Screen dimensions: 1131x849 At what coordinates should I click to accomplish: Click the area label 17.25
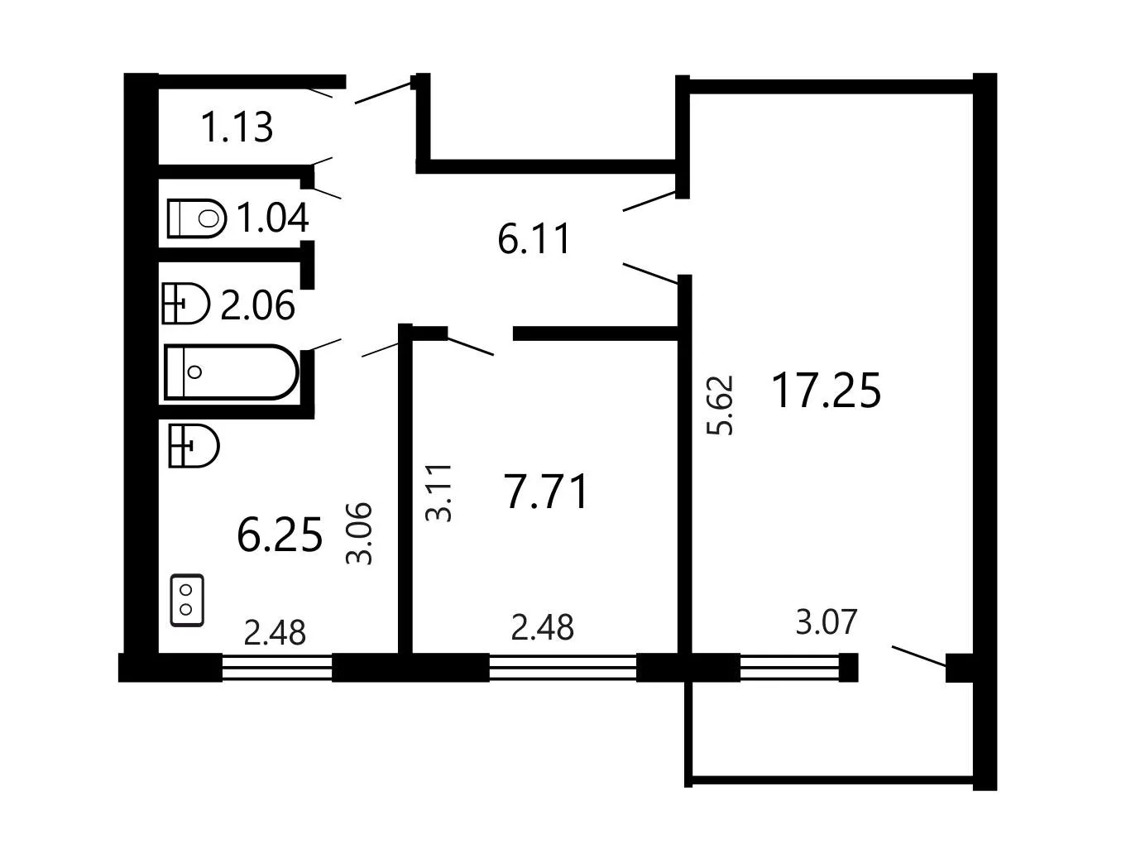point(826,391)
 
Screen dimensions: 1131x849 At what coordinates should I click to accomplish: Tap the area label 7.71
point(546,492)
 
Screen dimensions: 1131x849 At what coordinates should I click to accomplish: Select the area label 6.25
point(280,535)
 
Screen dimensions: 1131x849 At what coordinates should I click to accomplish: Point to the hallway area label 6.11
point(534,238)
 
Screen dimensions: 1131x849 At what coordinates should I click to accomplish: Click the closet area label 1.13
point(237,127)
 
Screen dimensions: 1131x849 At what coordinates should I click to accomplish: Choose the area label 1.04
point(273,218)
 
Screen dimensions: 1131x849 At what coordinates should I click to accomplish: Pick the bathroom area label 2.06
point(257,305)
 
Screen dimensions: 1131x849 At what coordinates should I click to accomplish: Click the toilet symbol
point(197,218)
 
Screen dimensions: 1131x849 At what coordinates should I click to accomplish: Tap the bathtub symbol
point(232,372)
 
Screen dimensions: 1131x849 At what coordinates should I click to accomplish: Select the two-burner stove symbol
point(187,601)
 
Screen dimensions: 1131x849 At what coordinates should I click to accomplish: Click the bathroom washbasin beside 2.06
point(186,304)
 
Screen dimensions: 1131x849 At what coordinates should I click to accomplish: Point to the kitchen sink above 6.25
point(194,446)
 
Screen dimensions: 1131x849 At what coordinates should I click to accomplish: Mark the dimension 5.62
point(720,405)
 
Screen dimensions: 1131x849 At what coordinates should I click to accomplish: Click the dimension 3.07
point(827,621)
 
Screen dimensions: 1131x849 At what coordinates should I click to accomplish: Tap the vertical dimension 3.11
point(439,493)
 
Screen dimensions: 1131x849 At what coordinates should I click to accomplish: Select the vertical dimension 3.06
point(358,533)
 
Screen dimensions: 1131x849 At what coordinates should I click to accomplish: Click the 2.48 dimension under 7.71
point(542,627)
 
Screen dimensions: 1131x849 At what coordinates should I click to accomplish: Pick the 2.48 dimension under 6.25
point(275,633)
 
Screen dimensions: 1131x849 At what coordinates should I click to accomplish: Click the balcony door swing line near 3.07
point(919,656)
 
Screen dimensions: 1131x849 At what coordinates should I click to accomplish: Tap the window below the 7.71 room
point(563,668)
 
